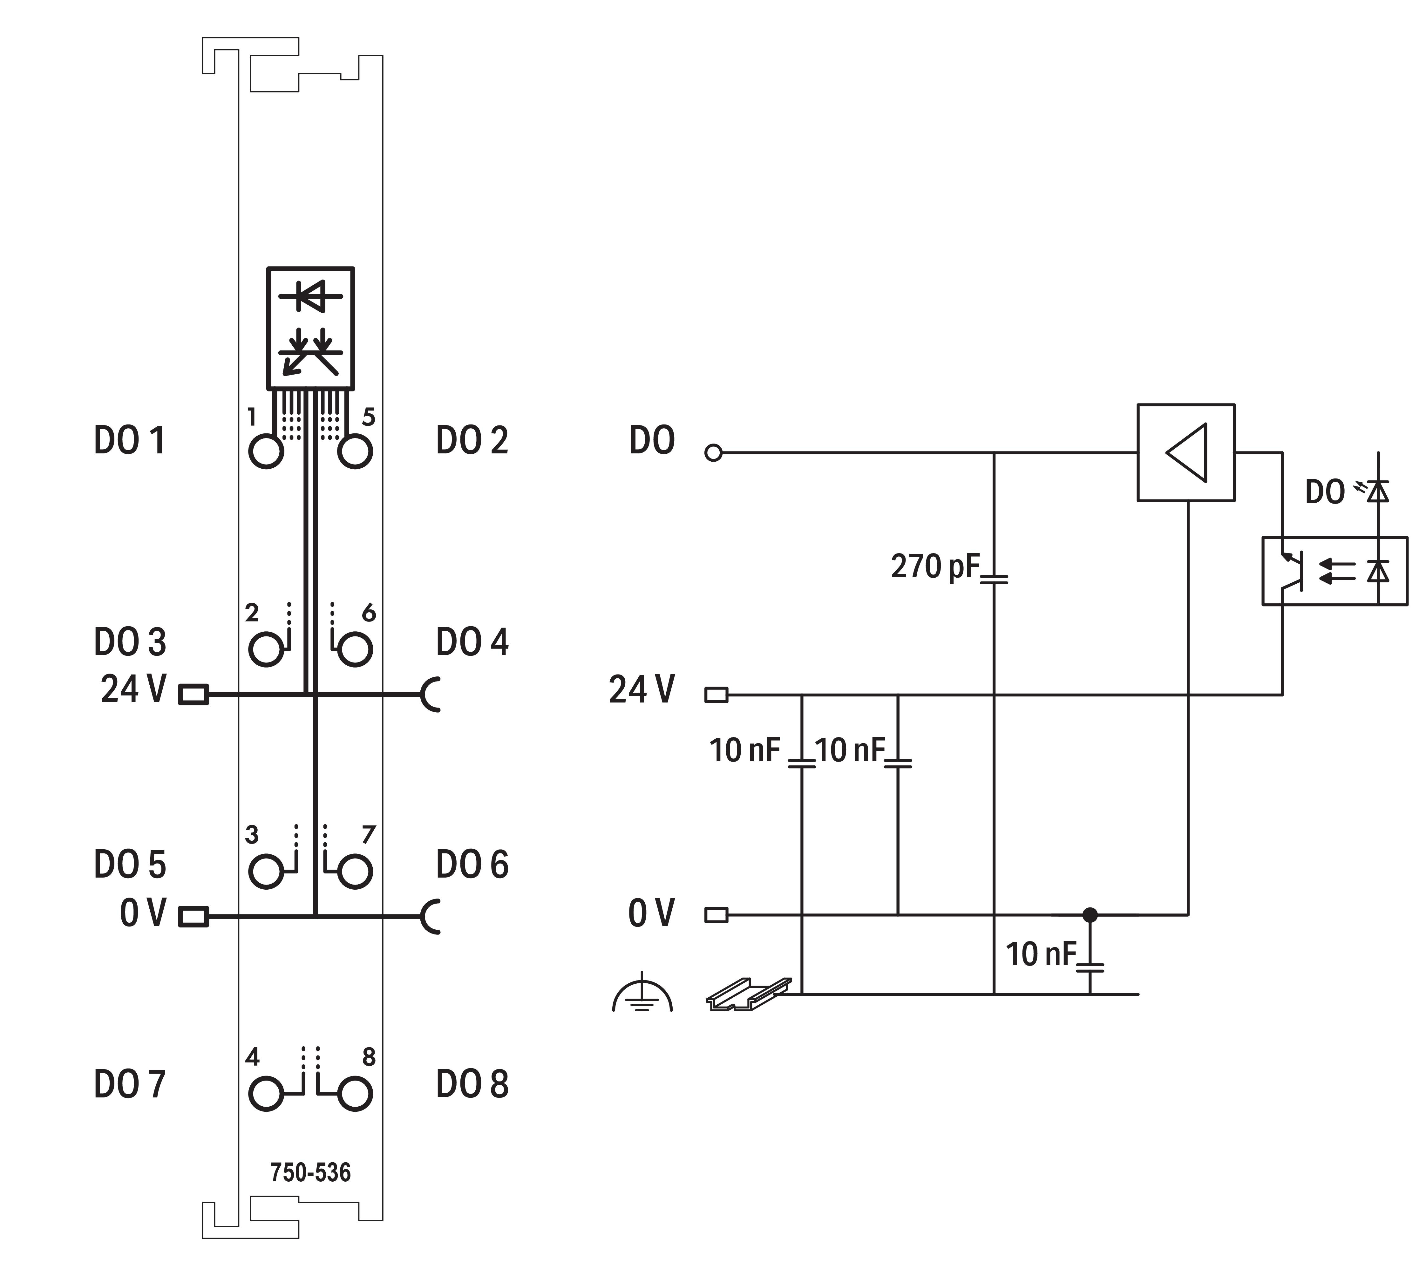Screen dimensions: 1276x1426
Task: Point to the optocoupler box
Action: coord(1334,571)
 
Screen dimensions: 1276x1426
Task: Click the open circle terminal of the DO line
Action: coord(713,453)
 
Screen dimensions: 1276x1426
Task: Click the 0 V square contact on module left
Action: coord(194,916)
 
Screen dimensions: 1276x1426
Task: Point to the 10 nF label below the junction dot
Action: coord(1040,954)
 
